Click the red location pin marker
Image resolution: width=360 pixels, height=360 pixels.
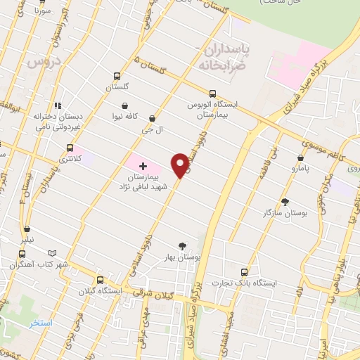tap(181, 165)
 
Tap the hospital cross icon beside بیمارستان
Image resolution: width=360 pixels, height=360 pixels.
tap(143, 167)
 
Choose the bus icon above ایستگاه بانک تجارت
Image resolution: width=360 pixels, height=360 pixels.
tap(245, 271)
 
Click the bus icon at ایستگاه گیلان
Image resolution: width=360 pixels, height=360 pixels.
tap(99, 279)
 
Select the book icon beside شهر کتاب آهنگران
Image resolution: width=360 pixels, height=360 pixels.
tap(51, 253)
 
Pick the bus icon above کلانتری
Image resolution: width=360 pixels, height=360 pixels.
tap(69, 148)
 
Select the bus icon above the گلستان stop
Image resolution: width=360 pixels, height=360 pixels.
tap(116, 77)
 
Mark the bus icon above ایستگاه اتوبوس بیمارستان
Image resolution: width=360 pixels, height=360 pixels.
tap(212, 92)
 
